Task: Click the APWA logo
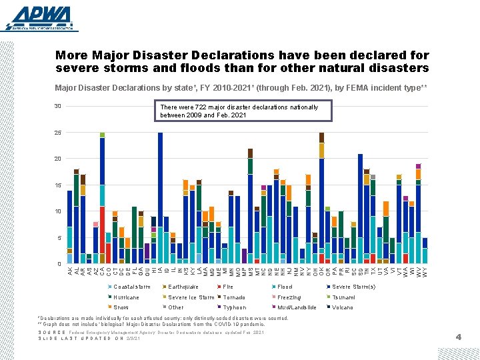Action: tap(39, 18)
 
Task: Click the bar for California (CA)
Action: tap(102, 199)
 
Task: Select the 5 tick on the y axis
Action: tap(58, 237)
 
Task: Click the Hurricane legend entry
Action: tap(126, 297)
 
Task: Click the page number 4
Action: tap(458, 337)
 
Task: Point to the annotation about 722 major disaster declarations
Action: tap(239, 111)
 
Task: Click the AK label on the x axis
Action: tap(69, 270)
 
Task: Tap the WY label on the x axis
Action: tap(425, 270)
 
